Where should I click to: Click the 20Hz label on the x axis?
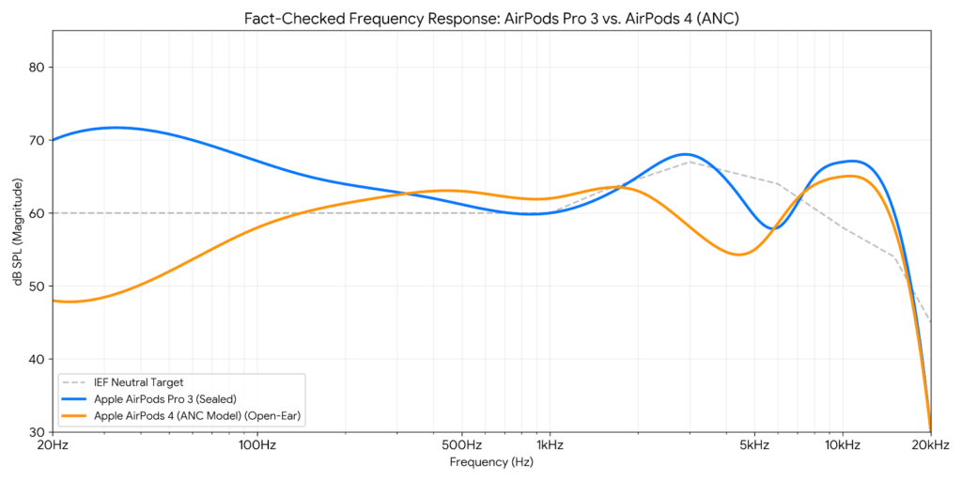point(52,444)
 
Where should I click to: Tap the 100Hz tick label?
point(256,444)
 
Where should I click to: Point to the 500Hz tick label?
point(461,444)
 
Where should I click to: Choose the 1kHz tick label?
point(550,444)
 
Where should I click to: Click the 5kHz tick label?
point(754,444)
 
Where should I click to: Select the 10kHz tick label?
point(842,444)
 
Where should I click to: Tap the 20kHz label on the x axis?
point(930,444)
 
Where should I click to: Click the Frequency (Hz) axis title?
point(490,462)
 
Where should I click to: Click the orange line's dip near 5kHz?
point(739,255)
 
